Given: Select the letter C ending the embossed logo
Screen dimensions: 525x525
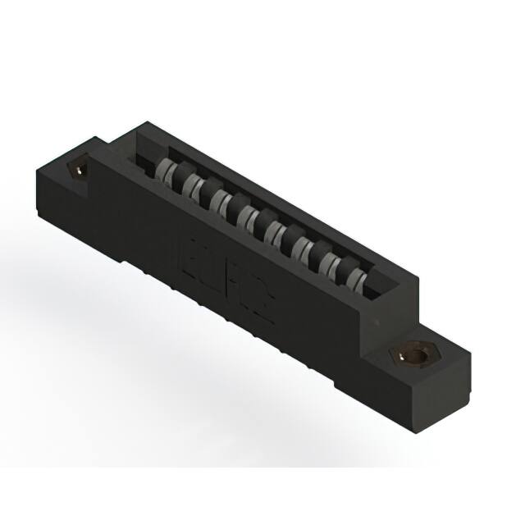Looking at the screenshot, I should (x=263, y=303).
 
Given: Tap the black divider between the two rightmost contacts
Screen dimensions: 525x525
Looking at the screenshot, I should (x=345, y=267).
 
